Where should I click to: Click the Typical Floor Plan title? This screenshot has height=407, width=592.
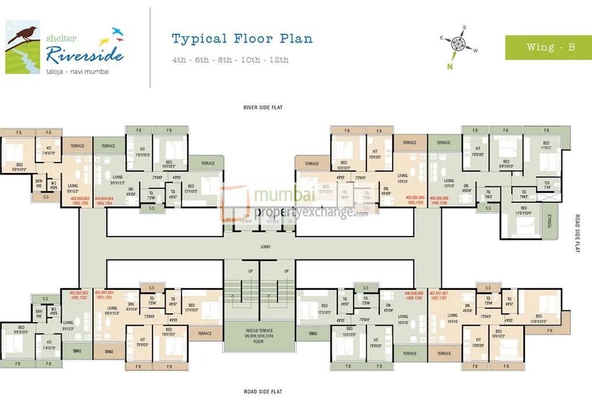(x=242, y=39)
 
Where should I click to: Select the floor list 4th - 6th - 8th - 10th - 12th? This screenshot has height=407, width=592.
(x=230, y=59)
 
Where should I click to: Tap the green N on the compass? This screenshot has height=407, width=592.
(x=450, y=65)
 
